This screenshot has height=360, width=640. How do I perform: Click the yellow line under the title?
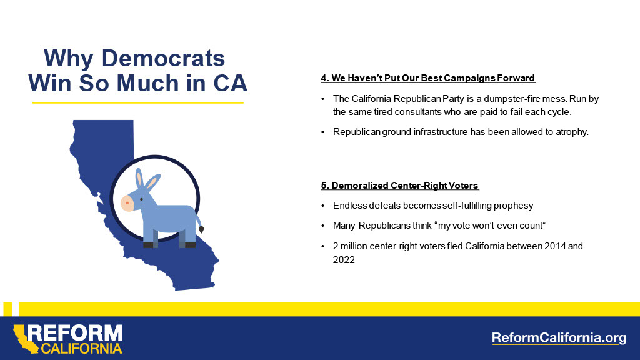(137, 102)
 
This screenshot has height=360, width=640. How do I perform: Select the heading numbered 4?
(427, 78)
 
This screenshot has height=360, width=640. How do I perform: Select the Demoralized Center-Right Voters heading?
(399, 186)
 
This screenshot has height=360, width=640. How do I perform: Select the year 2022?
(344, 259)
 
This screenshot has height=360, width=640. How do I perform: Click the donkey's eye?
(142, 199)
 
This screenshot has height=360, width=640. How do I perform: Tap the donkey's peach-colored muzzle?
(127, 203)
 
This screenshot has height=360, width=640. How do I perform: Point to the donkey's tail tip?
(201, 230)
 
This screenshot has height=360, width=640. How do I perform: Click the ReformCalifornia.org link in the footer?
(559, 338)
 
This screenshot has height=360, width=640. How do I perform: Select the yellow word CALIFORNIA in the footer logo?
(81, 348)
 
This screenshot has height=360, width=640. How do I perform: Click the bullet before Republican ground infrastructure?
(322, 132)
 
